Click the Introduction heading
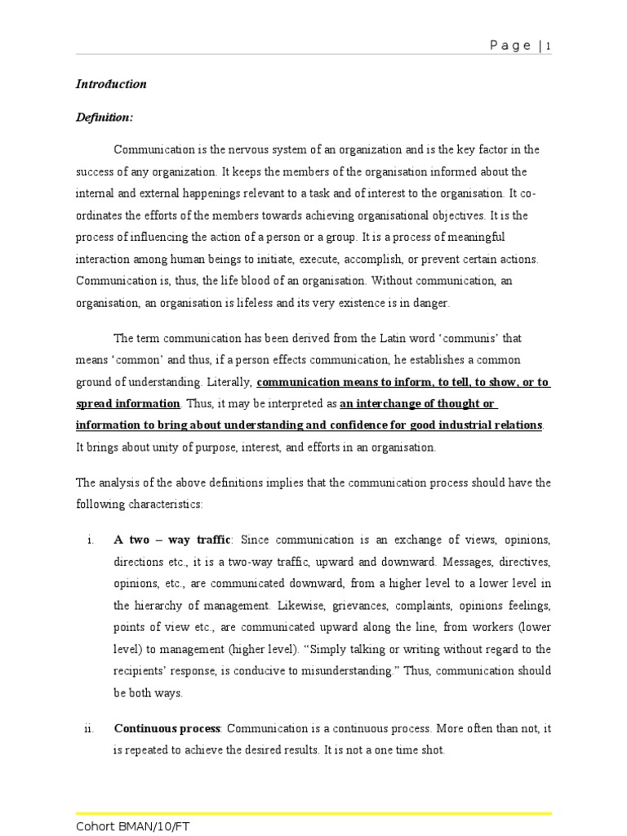coord(111,84)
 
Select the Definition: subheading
coord(104,118)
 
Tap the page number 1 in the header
coord(549,47)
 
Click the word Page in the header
coord(511,47)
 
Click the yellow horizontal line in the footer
coord(313,813)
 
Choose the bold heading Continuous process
coord(167,728)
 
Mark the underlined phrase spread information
coord(128,403)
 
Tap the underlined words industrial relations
coord(491,425)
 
